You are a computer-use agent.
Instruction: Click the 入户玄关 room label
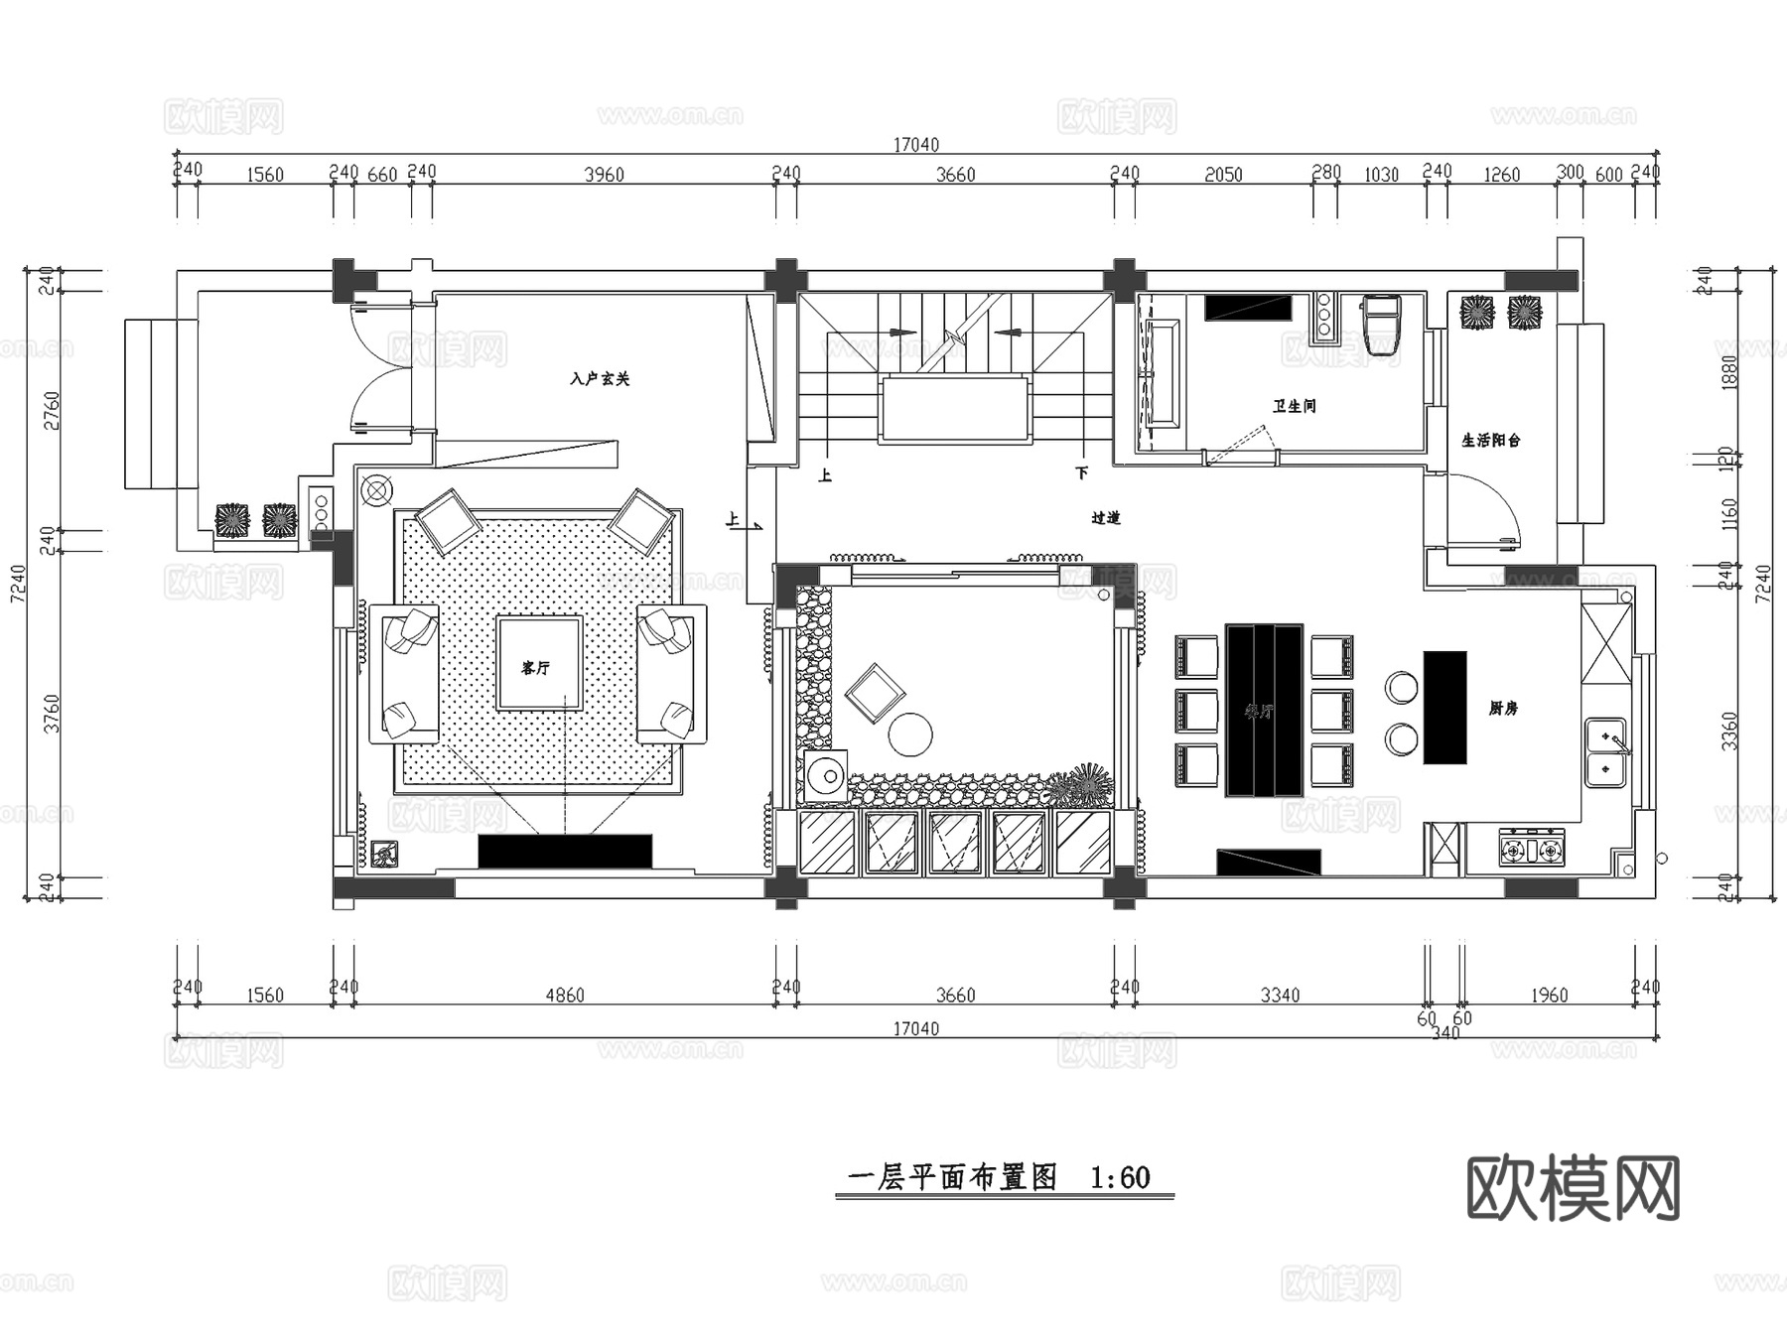(600, 378)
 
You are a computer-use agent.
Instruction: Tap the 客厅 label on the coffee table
(536, 668)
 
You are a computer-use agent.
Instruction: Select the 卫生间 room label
(1295, 406)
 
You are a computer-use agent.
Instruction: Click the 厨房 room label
(1503, 708)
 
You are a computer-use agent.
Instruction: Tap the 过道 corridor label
(1105, 517)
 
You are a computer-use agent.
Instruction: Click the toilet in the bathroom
(1381, 324)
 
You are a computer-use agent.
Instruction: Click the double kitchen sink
(1605, 752)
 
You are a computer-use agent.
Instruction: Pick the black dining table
(1263, 710)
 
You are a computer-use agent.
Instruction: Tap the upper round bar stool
(1402, 687)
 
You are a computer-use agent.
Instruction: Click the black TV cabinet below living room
(565, 851)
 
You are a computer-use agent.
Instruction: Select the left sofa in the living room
(405, 673)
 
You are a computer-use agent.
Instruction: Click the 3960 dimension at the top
(604, 175)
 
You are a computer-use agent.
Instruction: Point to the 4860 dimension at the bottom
(564, 995)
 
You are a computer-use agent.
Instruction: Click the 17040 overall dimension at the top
(915, 145)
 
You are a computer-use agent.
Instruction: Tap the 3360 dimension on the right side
(1730, 730)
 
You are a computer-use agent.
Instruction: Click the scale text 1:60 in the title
(1120, 1177)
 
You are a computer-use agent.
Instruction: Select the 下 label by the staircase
(1081, 472)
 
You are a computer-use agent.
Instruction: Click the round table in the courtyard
(910, 735)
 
